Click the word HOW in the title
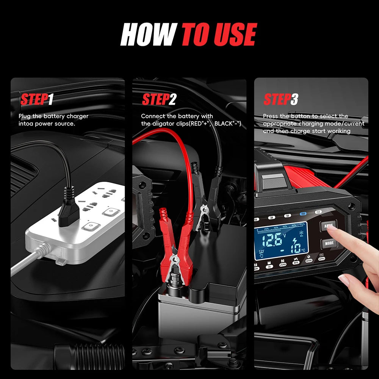(x=148, y=35)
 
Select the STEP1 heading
(x=37, y=100)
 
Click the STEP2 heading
(x=159, y=100)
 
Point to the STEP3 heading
(x=281, y=100)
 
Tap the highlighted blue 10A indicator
(x=303, y=214)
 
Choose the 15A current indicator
(x=318, y=212)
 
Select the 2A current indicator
(x=272, y=218)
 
